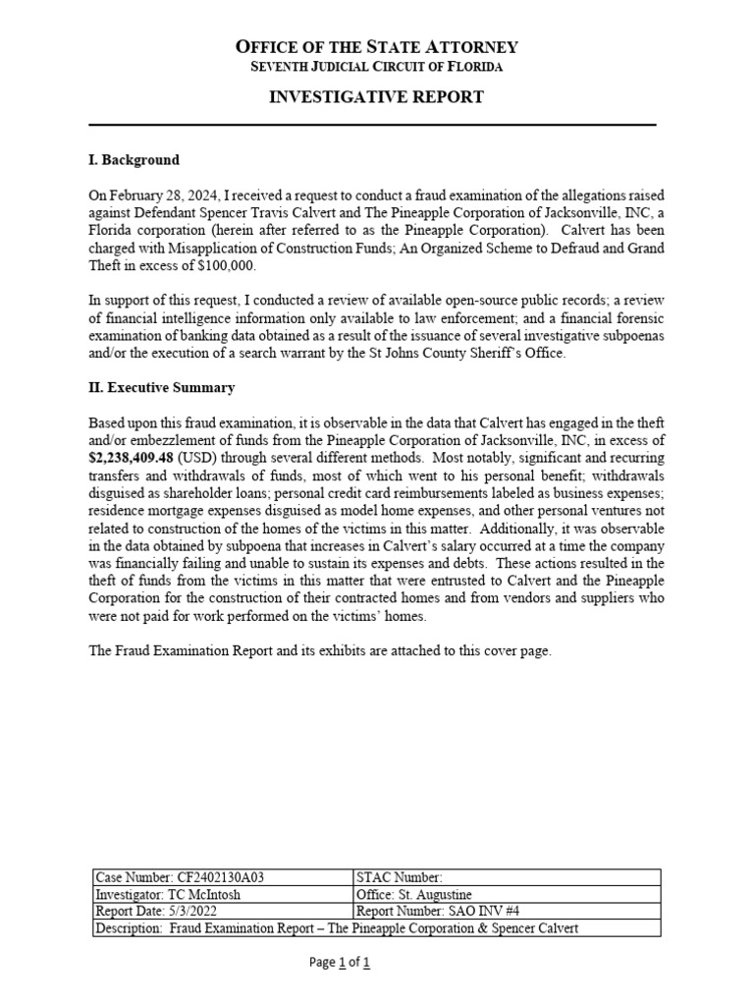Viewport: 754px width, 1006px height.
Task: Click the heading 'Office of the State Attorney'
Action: [x=376, y=46]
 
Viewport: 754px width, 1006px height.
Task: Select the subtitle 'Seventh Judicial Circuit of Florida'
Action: [x=376, y=67]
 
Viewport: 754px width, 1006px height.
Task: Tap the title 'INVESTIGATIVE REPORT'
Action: [x=376, y=96]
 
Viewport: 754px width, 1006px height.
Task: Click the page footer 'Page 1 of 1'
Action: [x=339, y=963]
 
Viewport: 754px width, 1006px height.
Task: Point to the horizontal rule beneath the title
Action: [x=373, y=125]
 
